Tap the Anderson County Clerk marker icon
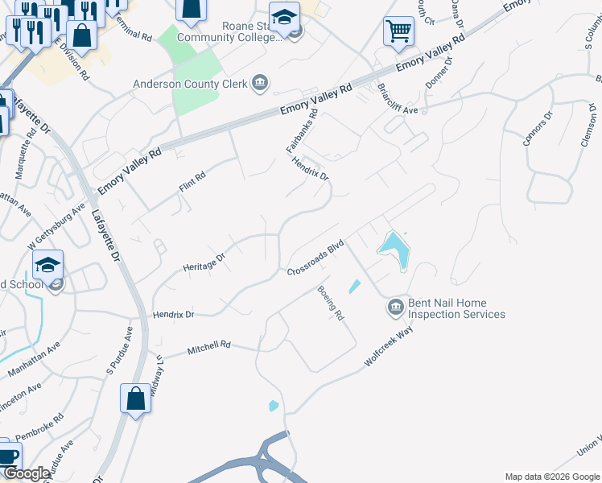[x=260, y=82]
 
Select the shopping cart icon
[x=398, y=32]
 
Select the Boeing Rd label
[x=331, y=303]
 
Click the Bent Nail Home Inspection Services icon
[x=395, y=308]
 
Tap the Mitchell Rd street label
[x=208, y=347]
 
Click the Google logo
[x=26, y=473]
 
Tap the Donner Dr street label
[x=439, y=72]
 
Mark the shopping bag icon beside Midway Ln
[x=135, y=398]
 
